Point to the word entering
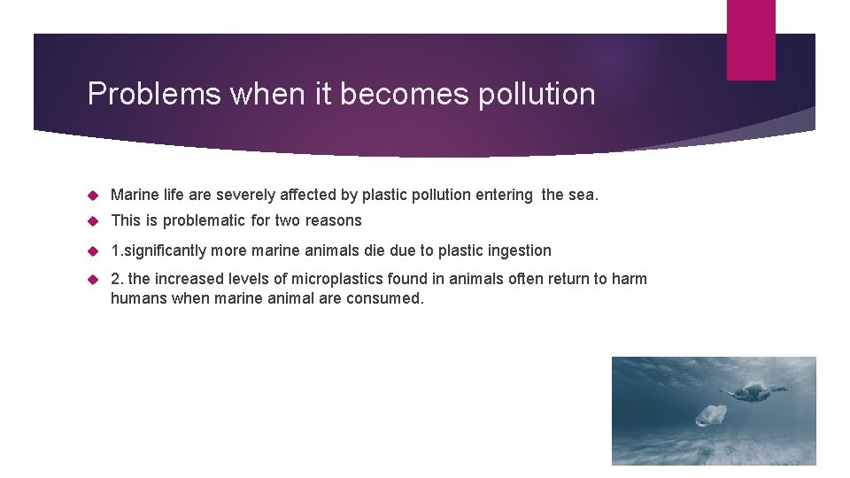click(504, 195)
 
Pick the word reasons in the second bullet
click(332, 220)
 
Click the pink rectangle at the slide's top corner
click(751, 40)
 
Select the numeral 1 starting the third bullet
click(114, 251)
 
